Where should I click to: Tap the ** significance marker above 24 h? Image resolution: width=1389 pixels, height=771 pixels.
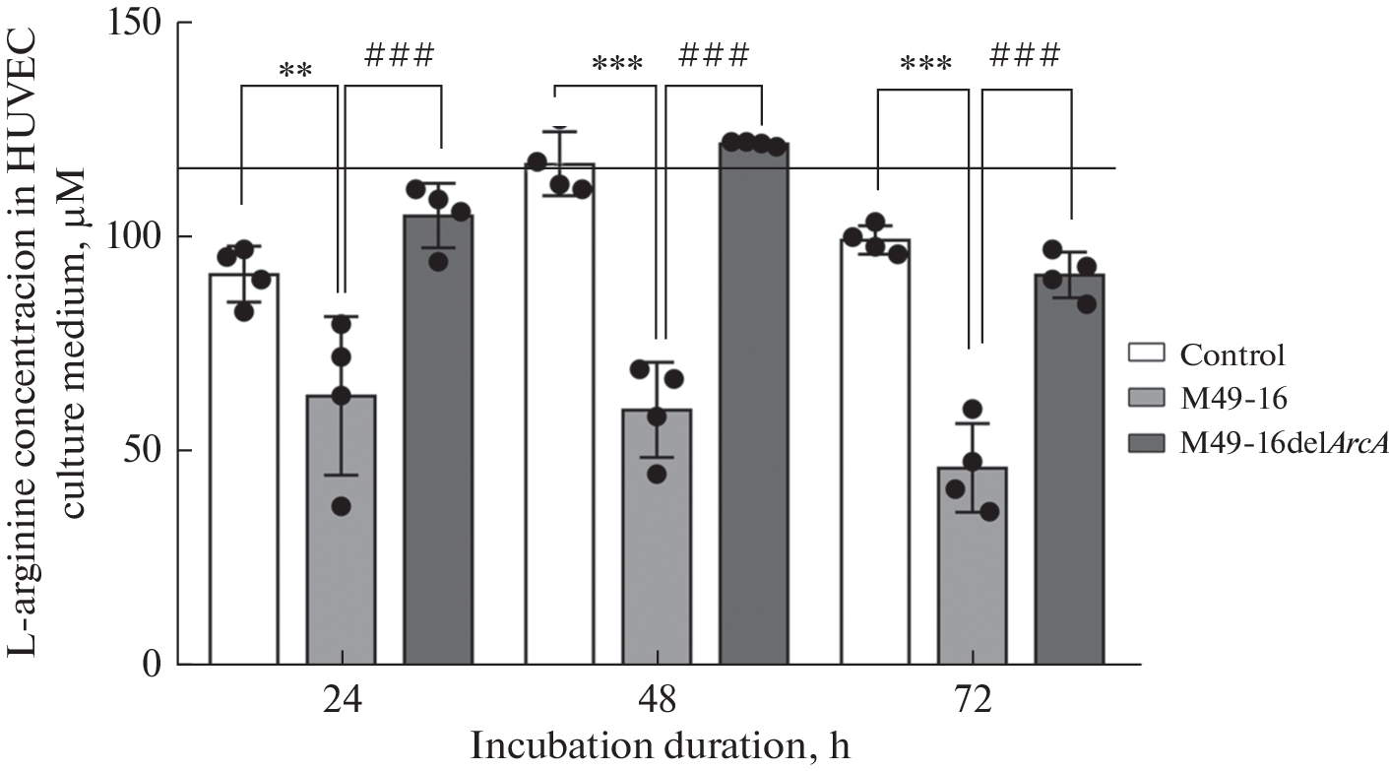[292, 72]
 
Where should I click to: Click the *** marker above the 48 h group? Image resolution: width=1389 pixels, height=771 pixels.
[617, 66]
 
